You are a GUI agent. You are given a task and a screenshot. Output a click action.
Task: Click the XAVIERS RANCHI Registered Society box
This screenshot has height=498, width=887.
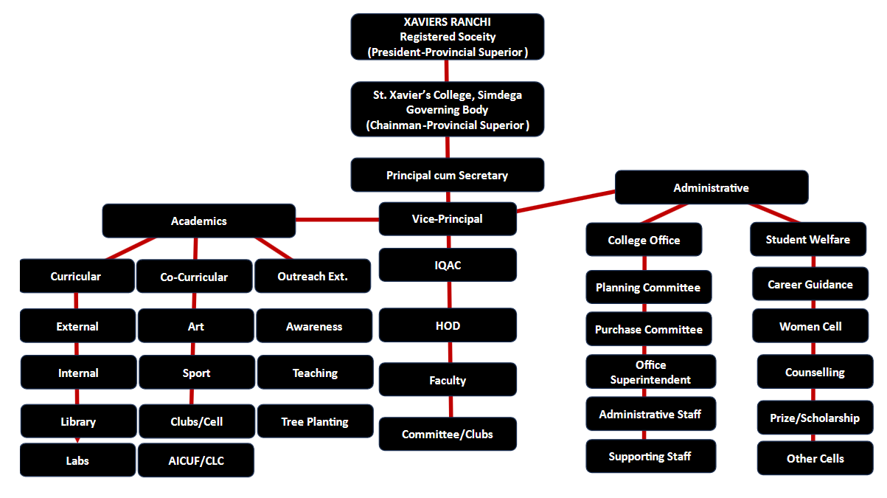tap(448, 37)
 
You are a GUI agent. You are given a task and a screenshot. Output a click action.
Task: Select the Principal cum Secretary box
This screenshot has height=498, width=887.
tap(448, 176)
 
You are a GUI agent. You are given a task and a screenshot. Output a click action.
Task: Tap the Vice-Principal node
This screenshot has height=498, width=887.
tap(448, 219)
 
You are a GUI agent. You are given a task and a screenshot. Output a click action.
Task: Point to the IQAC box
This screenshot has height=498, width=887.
tap(448, 265)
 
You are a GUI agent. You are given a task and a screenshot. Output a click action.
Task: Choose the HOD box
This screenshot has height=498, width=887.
tap(448, 325)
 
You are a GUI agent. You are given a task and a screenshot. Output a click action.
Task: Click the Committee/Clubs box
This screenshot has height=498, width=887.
tap(448, 435)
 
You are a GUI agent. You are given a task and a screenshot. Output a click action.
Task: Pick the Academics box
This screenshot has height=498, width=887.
tap(199, 221)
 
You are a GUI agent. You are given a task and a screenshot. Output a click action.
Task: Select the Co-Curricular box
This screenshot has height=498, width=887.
tap(195, 277)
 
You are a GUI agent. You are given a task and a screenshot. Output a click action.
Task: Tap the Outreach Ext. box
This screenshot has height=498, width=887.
tap(313, 277)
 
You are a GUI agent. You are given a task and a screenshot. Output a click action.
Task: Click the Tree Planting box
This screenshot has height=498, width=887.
tap(315, 422)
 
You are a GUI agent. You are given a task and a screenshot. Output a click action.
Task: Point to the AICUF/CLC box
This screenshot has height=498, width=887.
tap(196, 461)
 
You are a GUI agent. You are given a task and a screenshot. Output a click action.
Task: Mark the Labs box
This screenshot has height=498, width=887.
tap(77, 460)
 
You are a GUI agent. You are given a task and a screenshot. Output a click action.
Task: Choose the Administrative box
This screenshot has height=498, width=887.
tap(712, 188)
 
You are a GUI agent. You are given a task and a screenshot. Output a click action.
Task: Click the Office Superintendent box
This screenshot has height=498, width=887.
tap(651, 373)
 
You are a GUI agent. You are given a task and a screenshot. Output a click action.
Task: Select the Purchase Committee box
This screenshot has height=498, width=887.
tap(649, 330)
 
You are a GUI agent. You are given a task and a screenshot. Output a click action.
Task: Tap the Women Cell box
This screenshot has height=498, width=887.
tap(810, 327)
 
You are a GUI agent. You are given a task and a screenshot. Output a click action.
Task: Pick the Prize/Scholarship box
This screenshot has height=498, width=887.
tap(815, 418)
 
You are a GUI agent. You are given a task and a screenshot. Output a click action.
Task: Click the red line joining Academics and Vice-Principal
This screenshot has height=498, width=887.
tap(337, 219)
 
